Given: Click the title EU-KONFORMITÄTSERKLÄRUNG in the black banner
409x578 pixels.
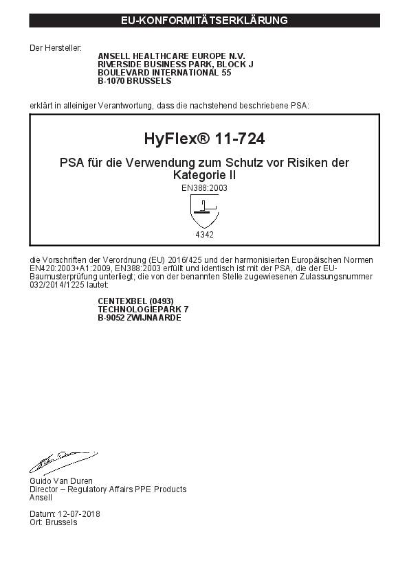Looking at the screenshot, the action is coord(204,21).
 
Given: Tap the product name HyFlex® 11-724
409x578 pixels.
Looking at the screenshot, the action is coord(204,139).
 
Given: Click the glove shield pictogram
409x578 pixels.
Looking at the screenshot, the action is coord(204,211).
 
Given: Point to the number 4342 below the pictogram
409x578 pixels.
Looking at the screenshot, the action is coord(204,235).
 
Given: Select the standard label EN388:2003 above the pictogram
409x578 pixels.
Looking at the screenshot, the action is coord(204,187).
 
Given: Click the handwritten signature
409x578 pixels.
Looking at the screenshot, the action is coord(62,462).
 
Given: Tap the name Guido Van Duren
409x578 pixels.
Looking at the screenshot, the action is coord(60,481).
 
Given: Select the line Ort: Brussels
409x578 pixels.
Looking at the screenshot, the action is coord(53,522).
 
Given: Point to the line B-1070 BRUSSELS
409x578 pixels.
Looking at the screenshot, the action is coord(134,80).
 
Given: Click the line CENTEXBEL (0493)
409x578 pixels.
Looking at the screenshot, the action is coord(135,301).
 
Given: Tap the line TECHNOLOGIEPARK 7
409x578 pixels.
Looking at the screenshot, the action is coord(143,310).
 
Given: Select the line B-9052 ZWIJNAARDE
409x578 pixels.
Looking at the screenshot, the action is coord(140,318).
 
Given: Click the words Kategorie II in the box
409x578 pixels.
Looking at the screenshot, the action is coord(204,176).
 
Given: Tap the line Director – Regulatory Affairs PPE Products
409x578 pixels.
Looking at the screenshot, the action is coord(108,489).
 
